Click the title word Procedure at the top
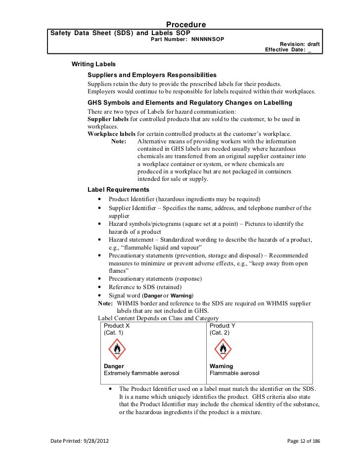click(x=186, y=25)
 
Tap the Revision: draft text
click(x=300, y=44)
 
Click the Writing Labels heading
click(x=94, y=64)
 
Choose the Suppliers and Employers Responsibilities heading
click(x=152, y=75)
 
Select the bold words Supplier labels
click(x=108, y=120)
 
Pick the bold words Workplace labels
click(x=111, y=134)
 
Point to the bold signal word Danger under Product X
click(x=114, y=366)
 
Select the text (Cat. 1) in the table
click(x=114, y=333)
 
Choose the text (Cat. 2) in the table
click(x=220, y=333)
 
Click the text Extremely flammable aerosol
click(x=141, y=373)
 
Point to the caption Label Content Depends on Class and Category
click(x=158, y=318)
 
